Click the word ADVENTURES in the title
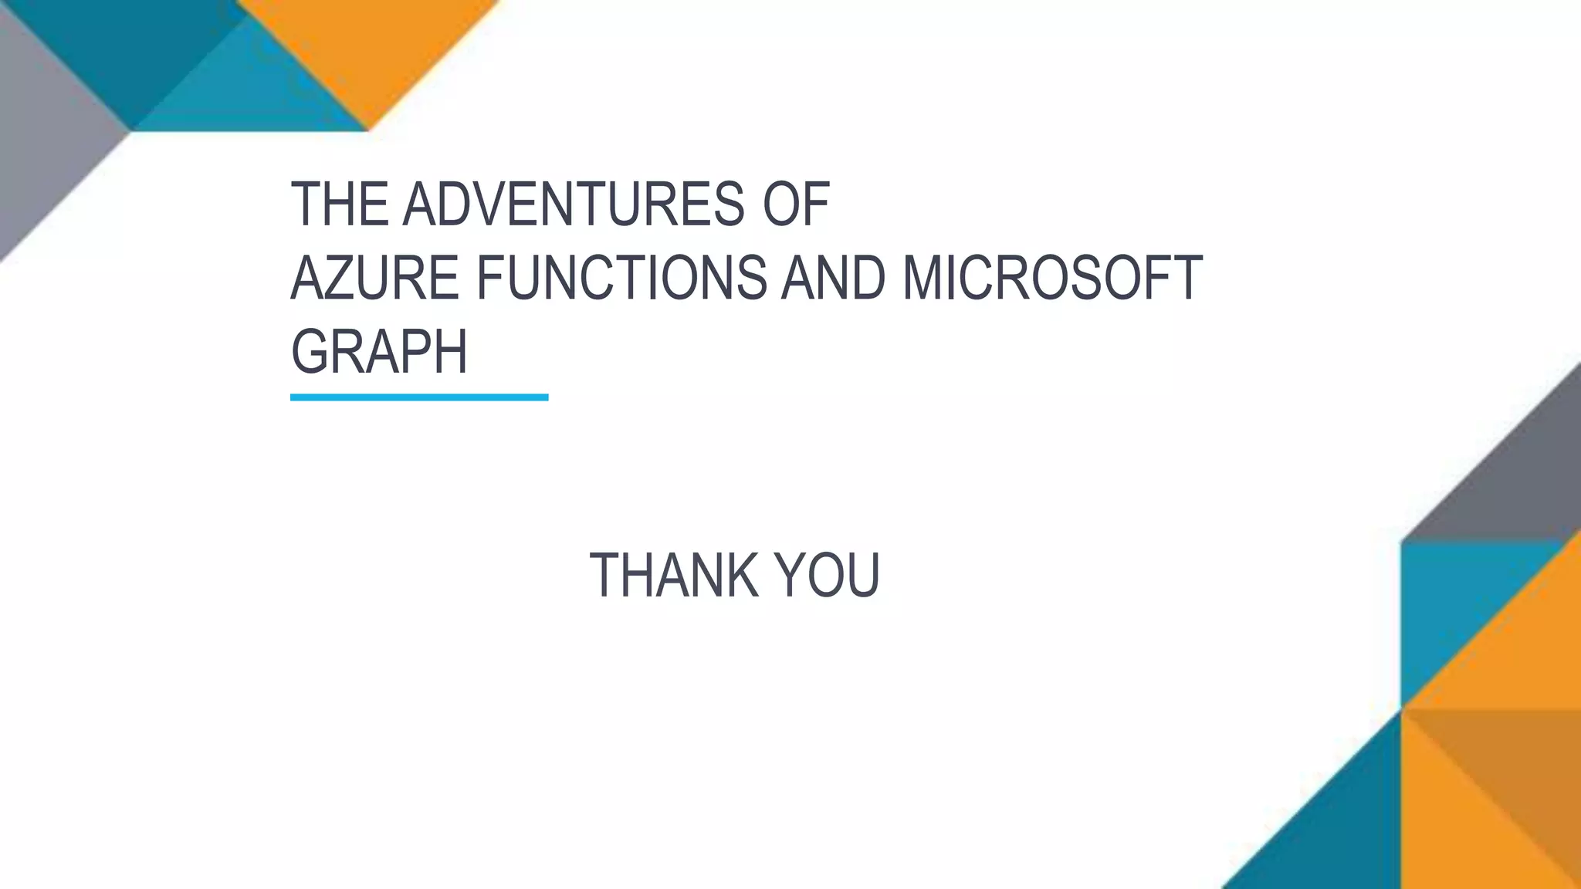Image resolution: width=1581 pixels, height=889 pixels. point(574,205)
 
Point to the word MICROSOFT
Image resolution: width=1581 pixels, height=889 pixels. point(1051,278)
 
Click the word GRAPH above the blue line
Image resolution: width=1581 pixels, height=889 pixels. point(379,351)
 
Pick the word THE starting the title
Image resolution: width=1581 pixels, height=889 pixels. point(339,205)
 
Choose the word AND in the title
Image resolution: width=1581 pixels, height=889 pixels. point(833,278)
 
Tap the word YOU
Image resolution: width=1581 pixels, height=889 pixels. point(827,576)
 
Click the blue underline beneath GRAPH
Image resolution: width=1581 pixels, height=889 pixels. point(419,397)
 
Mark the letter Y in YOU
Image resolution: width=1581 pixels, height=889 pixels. point(791,576)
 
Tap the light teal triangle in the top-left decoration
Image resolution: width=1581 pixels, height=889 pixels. point(247,93)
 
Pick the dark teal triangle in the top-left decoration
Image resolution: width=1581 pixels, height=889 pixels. point(131,46)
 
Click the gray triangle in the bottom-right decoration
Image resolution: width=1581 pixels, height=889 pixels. point(1513,486)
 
